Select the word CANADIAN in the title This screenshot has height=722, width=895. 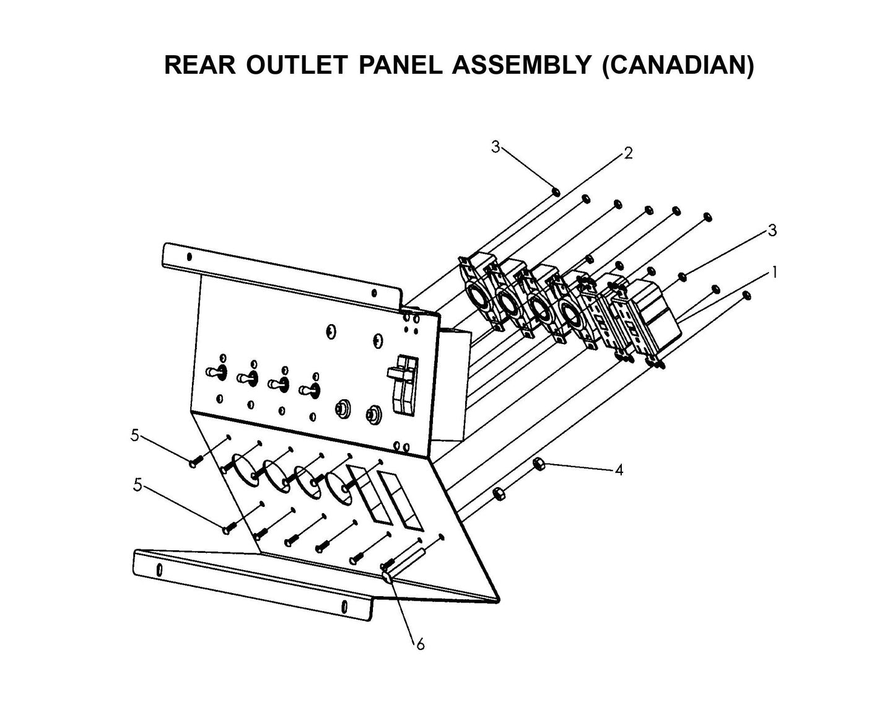[x=678, y=65]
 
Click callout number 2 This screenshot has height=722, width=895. [x=628, y=154]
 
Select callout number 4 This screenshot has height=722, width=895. [x=618, y=470]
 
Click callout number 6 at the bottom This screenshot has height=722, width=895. [x=420, y=645]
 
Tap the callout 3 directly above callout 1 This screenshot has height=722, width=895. [x=772, y=231]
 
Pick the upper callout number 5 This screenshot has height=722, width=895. [x=134, y=436]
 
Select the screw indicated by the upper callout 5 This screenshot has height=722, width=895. [x=194, y=462]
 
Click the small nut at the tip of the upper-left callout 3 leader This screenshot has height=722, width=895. [x=556, y=191]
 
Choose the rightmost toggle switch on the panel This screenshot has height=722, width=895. [x=308, y=390]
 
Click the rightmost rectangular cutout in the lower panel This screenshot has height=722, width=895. [x=401, y=500]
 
